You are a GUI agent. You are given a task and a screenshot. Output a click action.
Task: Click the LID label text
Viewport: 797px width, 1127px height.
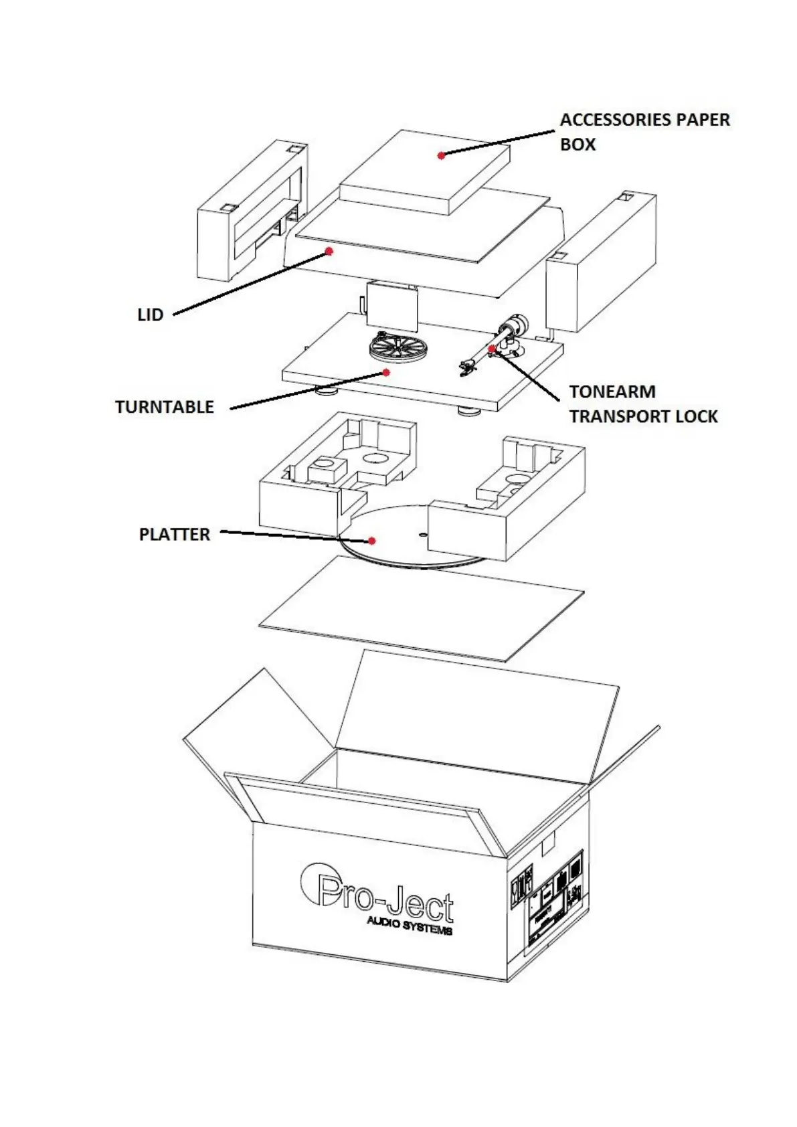tap(150, 315)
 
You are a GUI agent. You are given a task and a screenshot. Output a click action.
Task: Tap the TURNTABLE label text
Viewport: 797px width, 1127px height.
tap(164, 407)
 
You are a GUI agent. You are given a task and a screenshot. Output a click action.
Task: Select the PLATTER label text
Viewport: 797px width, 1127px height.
tap(174, 535)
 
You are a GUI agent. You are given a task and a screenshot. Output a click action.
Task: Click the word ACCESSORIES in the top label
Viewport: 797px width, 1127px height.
tap(616, 120)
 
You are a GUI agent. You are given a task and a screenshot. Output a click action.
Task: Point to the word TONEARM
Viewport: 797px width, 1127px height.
tap(612, 392)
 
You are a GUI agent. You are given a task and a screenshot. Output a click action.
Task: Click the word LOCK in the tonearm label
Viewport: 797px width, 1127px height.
tap(696, 416)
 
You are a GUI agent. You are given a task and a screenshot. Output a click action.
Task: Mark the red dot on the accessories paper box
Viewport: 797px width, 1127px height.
tap(441, 155)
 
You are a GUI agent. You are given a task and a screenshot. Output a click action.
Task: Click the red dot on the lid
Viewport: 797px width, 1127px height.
tap(329, 251)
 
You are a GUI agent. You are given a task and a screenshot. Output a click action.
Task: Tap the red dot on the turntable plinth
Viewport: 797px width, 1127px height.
tap(386, 372)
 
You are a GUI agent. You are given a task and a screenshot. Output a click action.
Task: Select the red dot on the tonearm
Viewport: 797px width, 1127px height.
tap(492, 349)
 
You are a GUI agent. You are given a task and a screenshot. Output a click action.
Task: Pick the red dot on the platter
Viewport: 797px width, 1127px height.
tap(372, 541)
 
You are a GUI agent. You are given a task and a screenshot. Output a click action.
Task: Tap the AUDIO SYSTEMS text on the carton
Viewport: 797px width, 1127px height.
tap(409, 926)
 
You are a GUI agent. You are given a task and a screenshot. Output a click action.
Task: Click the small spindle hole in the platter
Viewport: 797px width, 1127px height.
tap(421, 534)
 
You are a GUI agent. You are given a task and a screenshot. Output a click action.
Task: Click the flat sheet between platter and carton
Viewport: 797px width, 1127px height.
tap(422, 609)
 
